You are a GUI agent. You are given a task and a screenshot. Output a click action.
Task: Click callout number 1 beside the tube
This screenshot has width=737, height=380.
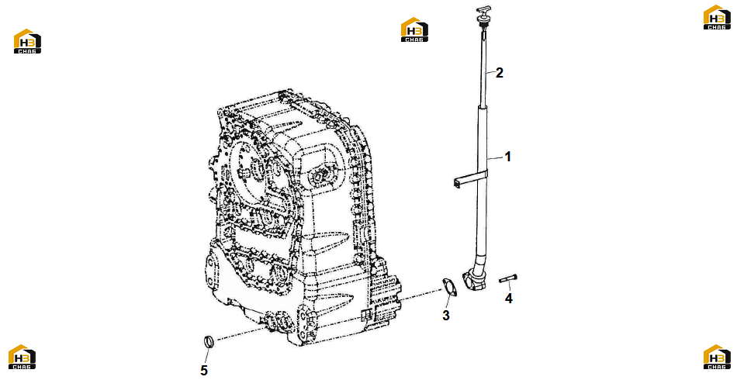pyautogui.click(x=507, y=157)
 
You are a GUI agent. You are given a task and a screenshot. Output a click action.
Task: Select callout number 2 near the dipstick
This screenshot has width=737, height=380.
pyautogui.click(x=499, y=73)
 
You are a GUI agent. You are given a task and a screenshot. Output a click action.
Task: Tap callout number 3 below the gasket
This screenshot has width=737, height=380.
pyautogui.click(x=445, y=315)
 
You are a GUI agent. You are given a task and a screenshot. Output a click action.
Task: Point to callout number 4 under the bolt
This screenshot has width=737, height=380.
pyautogui.click(x=509, y=298)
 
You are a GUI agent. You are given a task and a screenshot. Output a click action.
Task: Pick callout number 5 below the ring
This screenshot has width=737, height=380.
pyautogui.click(x=203, y=370)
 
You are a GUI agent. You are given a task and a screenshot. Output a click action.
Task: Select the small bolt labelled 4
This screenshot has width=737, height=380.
pyautogui.click(x=508, y=279)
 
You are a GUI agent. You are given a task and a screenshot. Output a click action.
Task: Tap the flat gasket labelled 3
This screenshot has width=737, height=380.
pyautogui.click(x=449, y=288)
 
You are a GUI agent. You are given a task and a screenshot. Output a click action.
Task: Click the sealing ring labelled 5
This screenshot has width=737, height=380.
pyautogui.click(x=209, y=342)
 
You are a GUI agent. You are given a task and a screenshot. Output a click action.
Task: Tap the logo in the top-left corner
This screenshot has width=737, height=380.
pyautogui.click(x=27, y=41)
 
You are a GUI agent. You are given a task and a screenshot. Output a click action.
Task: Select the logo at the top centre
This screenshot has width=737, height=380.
pyautogui.click(x=414, y=29)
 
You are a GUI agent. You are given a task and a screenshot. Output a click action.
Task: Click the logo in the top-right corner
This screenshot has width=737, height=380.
pyautogui.click(x=717, y=17)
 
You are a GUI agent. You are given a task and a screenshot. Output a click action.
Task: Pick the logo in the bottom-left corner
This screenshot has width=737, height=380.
pyautogui.click(x=22, y=357)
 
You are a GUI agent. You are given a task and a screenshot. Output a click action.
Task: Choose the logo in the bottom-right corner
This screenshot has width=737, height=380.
pyautogui.click(x=717, y=357)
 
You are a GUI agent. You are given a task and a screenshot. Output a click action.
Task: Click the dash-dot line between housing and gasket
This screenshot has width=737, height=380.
pyautogui.click(x=420, y=295)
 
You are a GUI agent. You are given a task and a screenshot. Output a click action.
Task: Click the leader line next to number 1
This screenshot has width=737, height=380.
pyautogui.click(x=496, y=158)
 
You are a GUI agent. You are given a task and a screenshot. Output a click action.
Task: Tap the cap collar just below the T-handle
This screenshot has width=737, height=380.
pyautogui.click(x=481, y=19)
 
